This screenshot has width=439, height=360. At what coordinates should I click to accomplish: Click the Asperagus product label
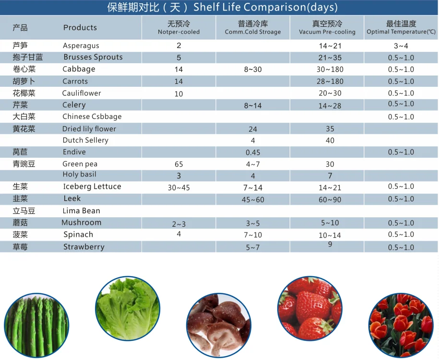click(x=81, y=46)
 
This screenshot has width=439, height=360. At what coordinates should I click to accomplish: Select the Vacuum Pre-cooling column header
click(x=327, y=27)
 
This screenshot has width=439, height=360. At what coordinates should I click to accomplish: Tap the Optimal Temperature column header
click(x=401, y=27)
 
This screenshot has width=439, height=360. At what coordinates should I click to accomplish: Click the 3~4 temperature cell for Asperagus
click(x=401, y=46)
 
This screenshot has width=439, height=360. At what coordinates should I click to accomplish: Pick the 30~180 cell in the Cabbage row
click(x=330, y=69)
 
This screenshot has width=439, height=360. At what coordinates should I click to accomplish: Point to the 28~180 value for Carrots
click(x=330, y=81)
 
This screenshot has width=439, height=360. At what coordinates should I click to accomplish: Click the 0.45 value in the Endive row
click(x=253, y=152)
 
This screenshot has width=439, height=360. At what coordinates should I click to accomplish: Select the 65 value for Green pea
click(x=179, y=164)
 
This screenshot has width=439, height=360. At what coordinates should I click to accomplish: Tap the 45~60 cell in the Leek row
click(x=253, y=199)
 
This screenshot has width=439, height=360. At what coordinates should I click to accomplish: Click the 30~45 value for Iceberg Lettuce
click(x=179, y=187)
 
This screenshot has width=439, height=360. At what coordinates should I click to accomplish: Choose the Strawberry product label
click(x=83, y=247)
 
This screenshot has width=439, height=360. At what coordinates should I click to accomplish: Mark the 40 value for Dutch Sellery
click(x=330, y=140)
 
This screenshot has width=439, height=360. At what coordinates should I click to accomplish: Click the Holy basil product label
click(x=80, y=174)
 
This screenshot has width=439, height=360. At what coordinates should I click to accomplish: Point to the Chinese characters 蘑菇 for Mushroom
click(x=21, y=223)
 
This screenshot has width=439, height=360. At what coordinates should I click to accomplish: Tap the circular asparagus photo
click(x=36, y=326)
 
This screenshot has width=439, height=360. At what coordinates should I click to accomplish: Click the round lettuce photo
click(x=127, y=308)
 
